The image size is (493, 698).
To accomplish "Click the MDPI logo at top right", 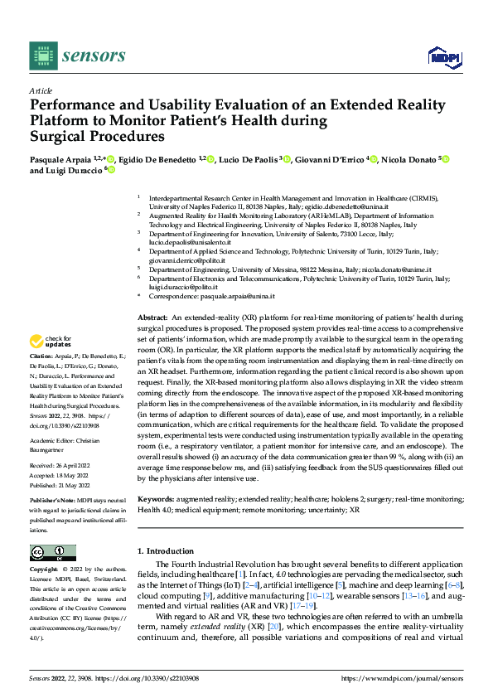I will tap(442, 56).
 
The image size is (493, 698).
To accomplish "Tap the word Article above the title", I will tap(41, 90).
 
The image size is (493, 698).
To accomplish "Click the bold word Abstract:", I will tap(153, 318).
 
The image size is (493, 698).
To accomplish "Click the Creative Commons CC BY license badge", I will tap(52, 553).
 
